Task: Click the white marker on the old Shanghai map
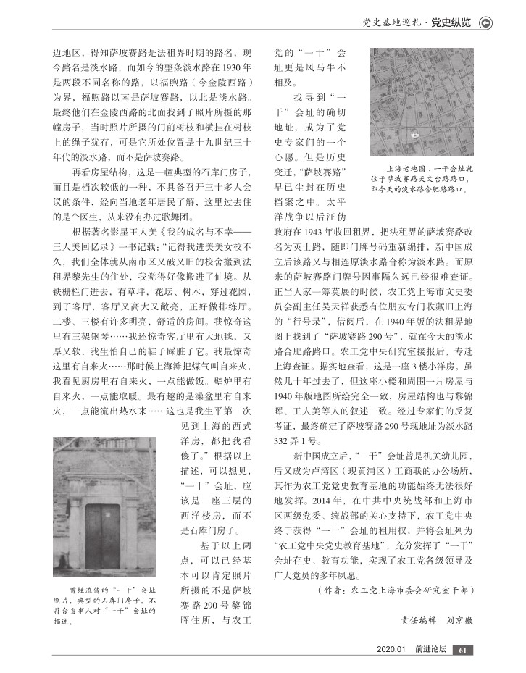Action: [416, 135]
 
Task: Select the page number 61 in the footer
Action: [464, 650]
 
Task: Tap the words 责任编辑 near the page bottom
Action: [419, 619]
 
